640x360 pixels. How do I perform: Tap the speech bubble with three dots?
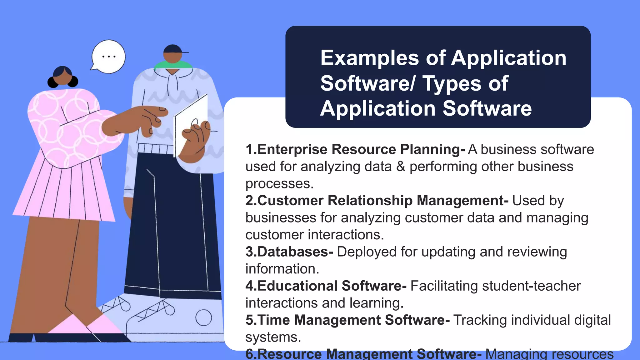coord(109,57)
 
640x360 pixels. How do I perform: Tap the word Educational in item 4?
coord(297,286)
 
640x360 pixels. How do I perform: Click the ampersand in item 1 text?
coord(401,167)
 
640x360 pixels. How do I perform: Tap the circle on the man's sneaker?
coord(203,317)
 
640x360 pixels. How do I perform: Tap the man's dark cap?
coord(173,49)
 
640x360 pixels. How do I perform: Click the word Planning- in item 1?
coord(432,149)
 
